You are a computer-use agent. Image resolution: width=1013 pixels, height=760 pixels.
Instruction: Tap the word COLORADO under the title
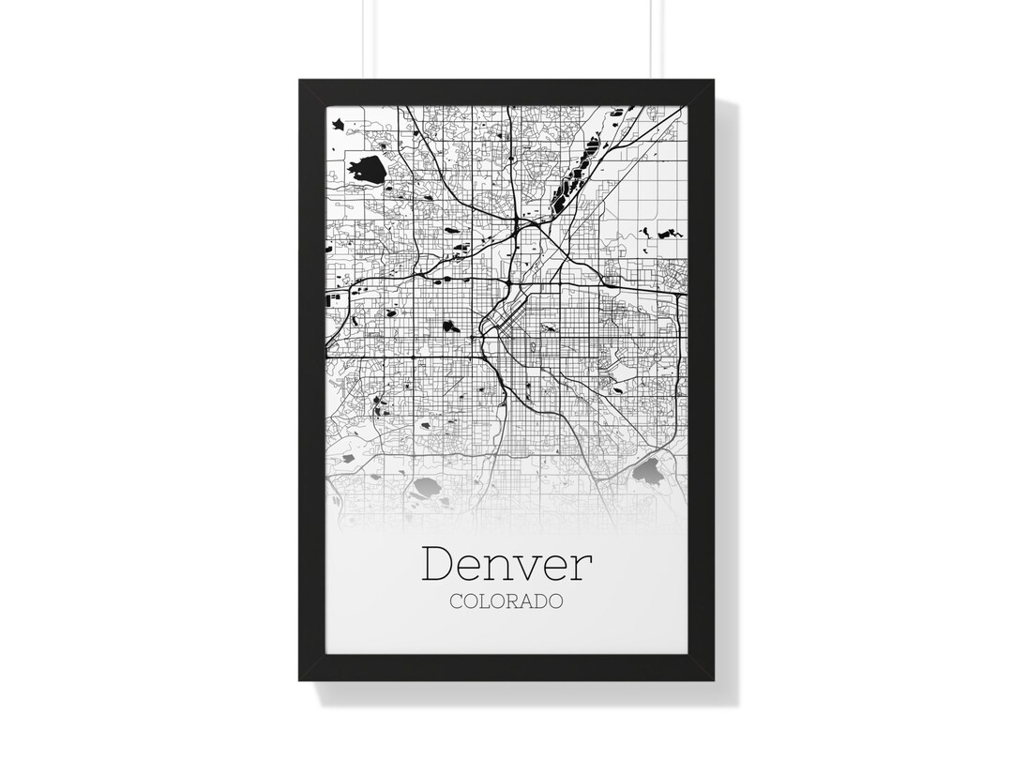(x=506, y=601)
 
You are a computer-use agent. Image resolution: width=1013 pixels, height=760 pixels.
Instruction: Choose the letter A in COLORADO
(x=532, y=601)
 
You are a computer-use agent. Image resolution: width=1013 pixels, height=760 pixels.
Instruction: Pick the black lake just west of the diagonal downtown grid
(x=451, y=327)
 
